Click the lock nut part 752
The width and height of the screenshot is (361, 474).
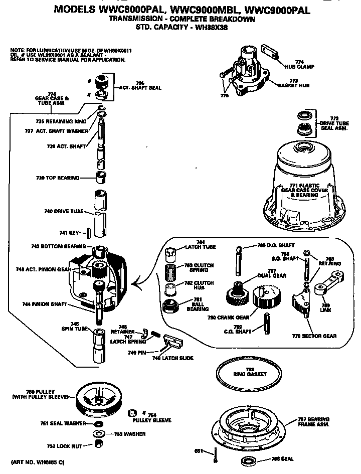coord(99,444)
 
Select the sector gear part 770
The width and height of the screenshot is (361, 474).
coord(299,305)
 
